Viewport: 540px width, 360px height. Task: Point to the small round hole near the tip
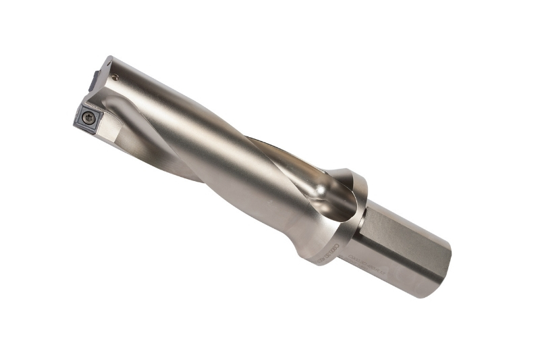click(x=116, y=78)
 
